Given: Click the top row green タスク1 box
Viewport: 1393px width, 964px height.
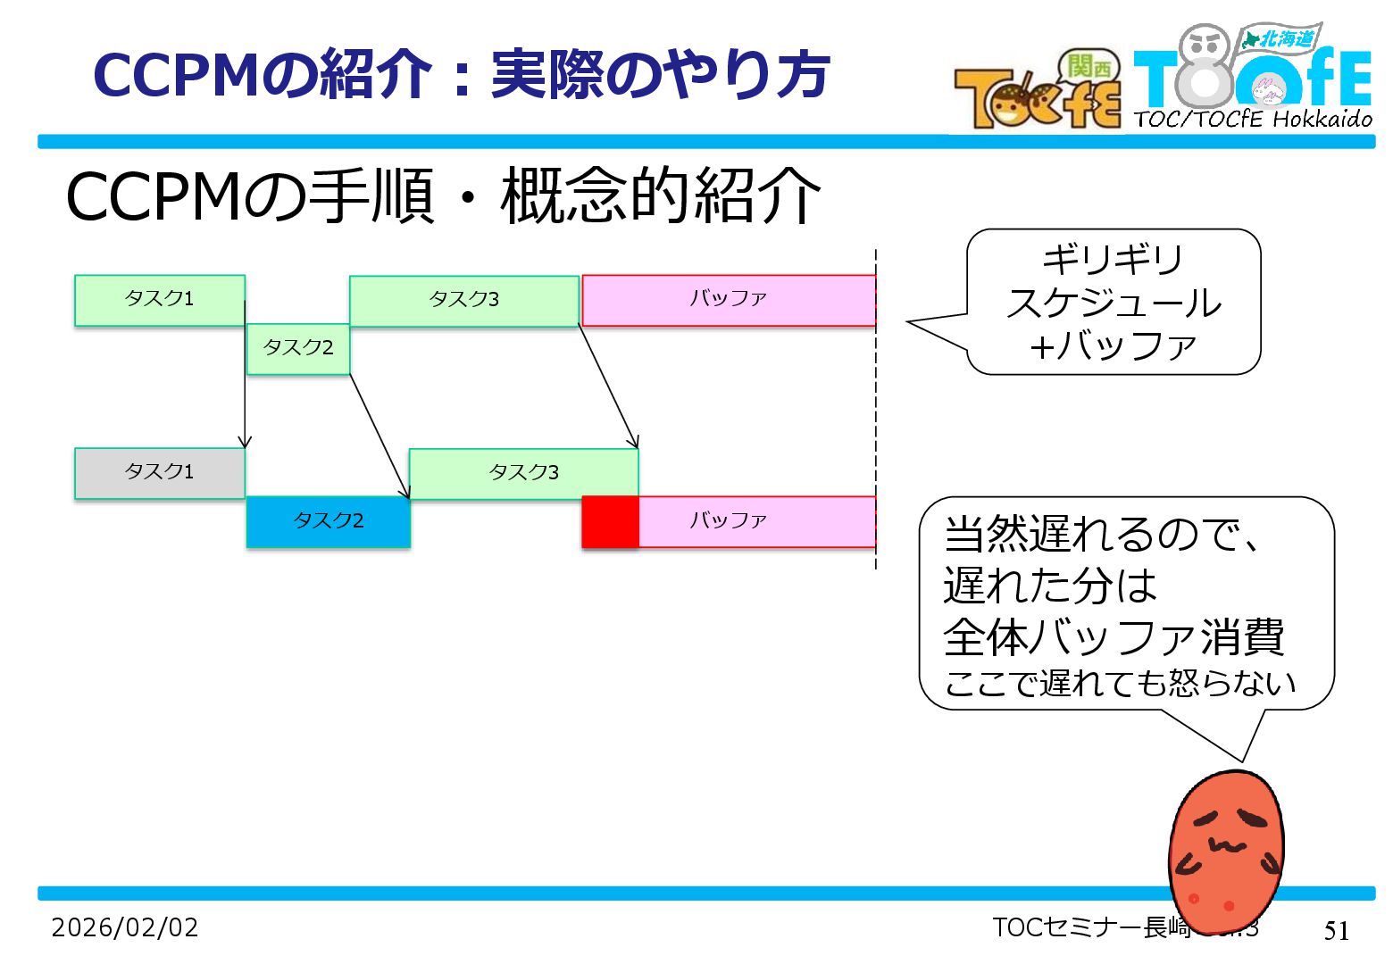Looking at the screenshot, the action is [x=159, y=300].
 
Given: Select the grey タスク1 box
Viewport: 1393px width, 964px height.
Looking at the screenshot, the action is [x=159, y=473].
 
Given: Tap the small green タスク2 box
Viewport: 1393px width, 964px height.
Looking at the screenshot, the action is [x=298, y=348].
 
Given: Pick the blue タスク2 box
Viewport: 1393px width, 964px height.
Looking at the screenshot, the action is [x=328, y=521].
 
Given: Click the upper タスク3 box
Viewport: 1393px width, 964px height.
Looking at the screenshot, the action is [x=464, y=300].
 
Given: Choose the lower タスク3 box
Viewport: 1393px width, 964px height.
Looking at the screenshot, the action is [x=523, y=473].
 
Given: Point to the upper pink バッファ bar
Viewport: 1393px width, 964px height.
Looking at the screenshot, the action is [x=728, y=300].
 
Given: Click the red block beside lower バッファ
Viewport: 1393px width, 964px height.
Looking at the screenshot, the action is [x=610, y=521].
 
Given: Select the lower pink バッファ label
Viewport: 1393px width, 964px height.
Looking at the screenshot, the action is [x=728, y=520].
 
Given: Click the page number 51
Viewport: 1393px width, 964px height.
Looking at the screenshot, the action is [x=1336, y=930].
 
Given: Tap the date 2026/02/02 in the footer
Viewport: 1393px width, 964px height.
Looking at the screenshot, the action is [x=125, y=927].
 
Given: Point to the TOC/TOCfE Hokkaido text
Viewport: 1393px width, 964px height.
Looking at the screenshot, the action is [x=1253, y=119].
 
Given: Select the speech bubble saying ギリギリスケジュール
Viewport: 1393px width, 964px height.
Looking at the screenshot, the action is [x=1114, y=302].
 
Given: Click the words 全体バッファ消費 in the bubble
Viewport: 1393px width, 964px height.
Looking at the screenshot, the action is [x=1114, y=636].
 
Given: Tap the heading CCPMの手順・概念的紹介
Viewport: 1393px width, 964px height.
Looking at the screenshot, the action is [x=443, y=196].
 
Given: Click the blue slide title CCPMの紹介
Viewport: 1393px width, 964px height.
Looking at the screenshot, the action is [x=462, y=75].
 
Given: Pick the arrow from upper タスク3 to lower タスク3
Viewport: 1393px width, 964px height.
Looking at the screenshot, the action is [x=608, y=386].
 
